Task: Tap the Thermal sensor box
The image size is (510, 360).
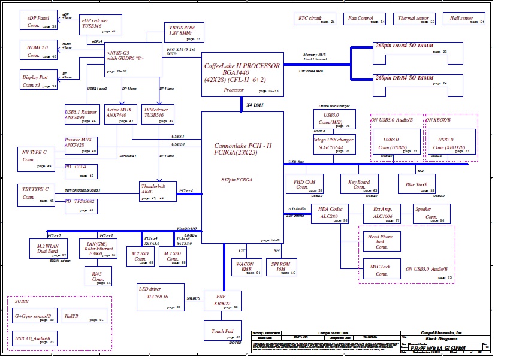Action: click(415, 20)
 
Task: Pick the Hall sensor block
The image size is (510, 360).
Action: click(465, 20)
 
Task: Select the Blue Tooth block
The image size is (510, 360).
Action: click(417, 183)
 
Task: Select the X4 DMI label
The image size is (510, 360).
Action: click(255, 105)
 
